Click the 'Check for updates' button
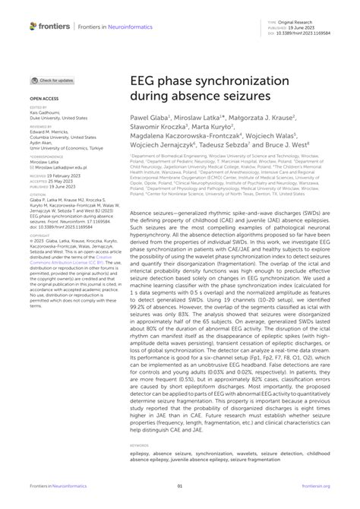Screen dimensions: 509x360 [52, 80]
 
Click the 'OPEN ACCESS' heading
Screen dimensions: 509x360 [44, 99]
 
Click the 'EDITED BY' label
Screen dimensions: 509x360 [39, 109]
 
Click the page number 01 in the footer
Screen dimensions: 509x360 [180, 486]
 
